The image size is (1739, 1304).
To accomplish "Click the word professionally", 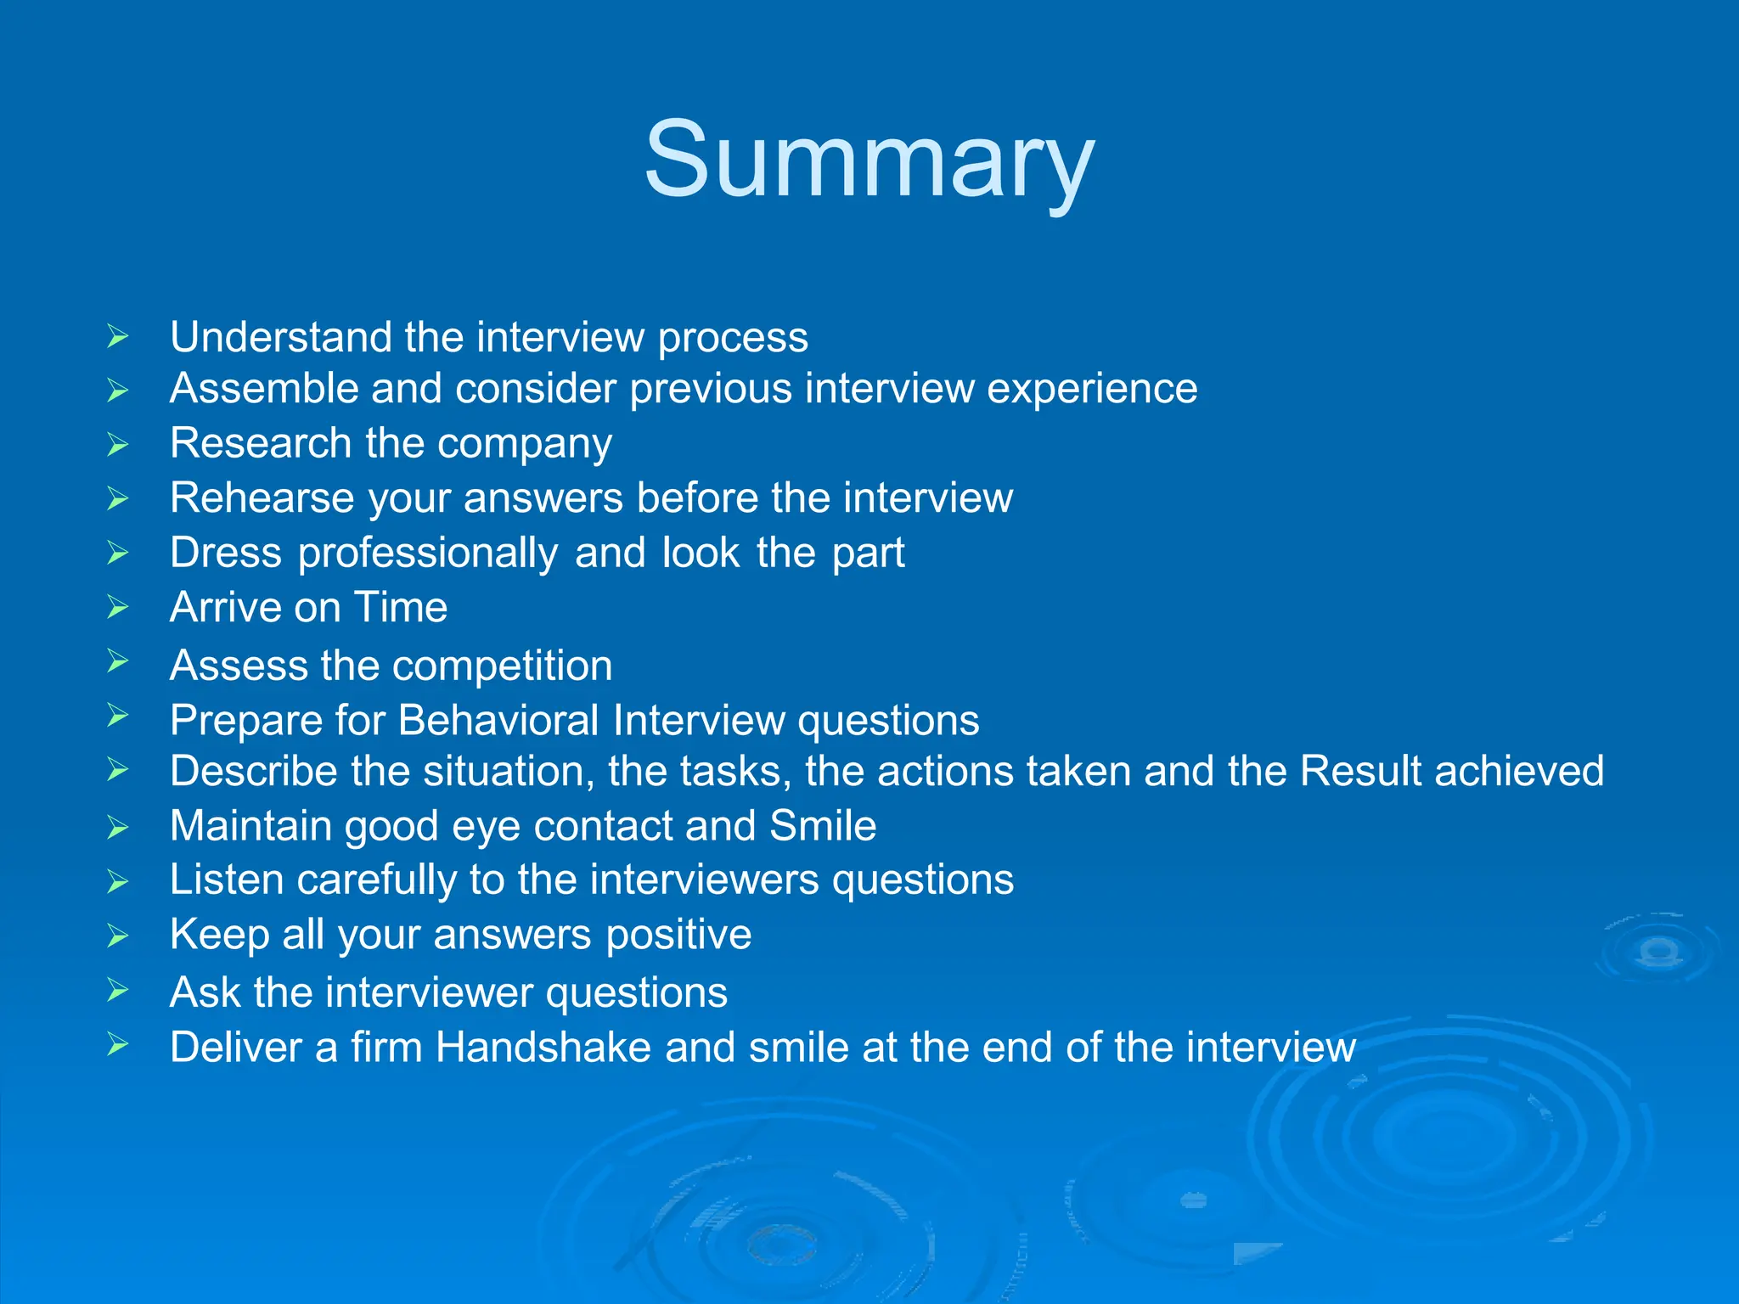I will click(x=428, y=554).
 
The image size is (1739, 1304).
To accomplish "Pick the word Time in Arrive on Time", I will click(x=400, y=607).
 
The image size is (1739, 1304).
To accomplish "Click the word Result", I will click(x=1360, y=771).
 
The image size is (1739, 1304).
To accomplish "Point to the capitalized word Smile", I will click(x=822, y=825).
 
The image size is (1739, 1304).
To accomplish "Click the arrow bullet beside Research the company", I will click(x=118, y=444).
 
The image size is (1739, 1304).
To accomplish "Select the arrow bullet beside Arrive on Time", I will click(x=118, y=607).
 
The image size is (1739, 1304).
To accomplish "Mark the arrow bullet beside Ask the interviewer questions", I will click(x=118, y=990).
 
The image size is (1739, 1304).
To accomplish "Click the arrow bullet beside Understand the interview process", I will click(x=118, y=337).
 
